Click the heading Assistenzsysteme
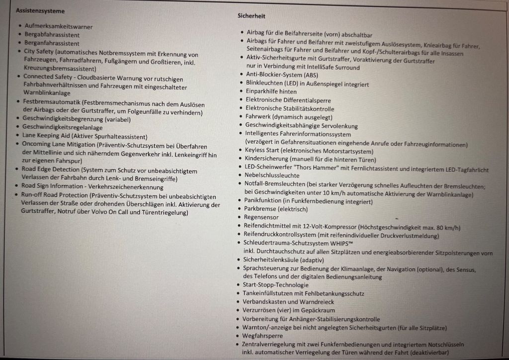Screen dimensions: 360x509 click(x=40, y=10)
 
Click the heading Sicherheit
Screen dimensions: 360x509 click(x=251, y=16)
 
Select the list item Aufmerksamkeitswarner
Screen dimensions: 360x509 click(x=59, y=26)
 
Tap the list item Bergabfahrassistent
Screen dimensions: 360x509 click(x=52, y=35)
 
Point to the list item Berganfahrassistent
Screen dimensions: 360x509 click(x=52, y=43)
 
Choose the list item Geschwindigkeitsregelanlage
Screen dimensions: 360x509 click(x=62, y=127)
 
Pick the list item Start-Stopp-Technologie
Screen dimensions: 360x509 click(x=275, y=285)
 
